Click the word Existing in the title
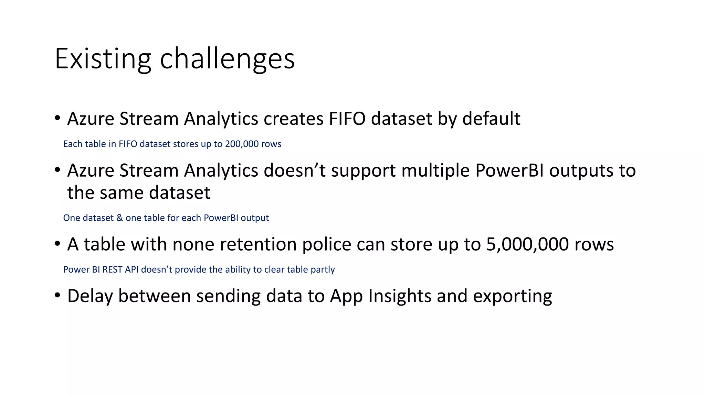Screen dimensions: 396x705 [103, 59]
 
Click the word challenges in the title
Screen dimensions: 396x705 [227, 59]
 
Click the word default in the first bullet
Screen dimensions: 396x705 [491, 119]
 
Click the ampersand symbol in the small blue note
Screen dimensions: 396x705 [119, 218]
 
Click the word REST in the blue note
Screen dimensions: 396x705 [112, 269]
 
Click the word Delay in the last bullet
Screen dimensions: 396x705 [90, 296]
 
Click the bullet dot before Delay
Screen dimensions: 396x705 [57, 295]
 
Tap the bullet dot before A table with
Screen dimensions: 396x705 [57, 244]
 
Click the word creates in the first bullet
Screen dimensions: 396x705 [293, 119]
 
